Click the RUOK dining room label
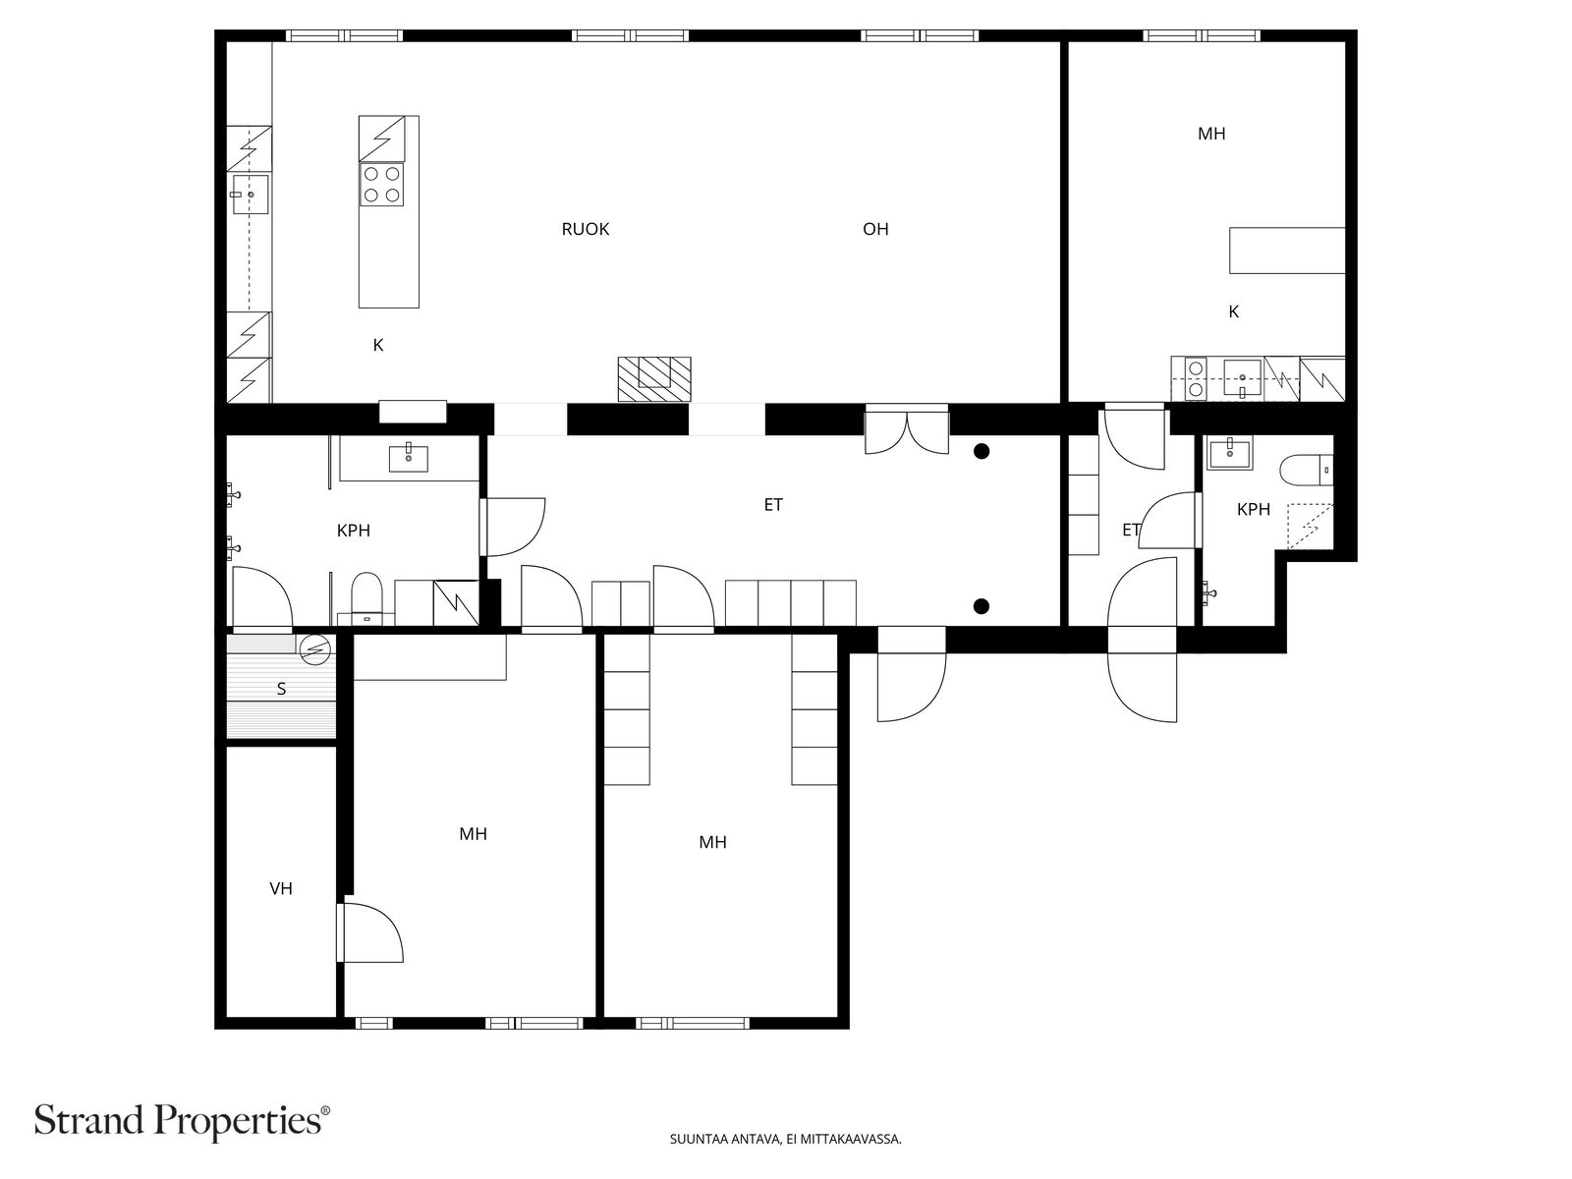[586, 229]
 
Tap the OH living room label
[875, 229]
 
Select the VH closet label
[281, 888]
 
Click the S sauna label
[281, 689]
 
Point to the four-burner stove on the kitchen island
[382, 184]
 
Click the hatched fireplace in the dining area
[653, 378]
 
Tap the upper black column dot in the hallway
[982, 451]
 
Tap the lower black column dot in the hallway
[982, 605]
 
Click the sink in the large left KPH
[408, 458]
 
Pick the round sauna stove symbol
[315, 648]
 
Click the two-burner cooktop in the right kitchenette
[1196, 378]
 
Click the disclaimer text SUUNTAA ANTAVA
[785, 1140]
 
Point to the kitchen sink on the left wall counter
[250, 196]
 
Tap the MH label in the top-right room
[1211, 134]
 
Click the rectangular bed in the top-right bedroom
[1286, 250]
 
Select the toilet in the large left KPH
[365, 595]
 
